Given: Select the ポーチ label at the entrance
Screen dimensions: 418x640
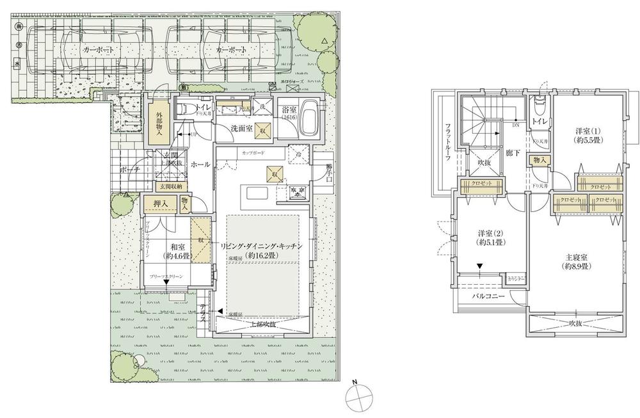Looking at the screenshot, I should tap(131, 170).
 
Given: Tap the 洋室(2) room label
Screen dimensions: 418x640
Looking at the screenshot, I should tap(491, 237).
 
